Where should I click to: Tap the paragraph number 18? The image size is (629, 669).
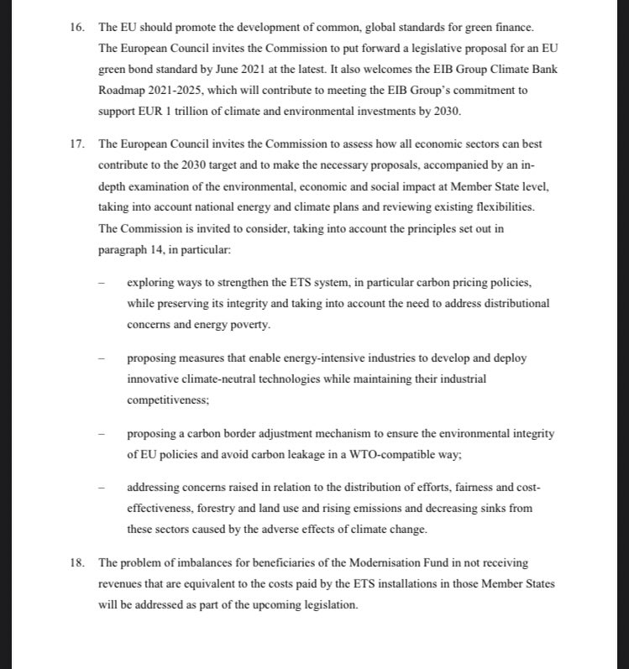pos(78,562)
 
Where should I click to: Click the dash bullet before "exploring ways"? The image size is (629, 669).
pos(101,283)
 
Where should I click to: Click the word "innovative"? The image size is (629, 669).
pos(153,379)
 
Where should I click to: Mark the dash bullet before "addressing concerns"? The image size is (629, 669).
pos(101,489)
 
